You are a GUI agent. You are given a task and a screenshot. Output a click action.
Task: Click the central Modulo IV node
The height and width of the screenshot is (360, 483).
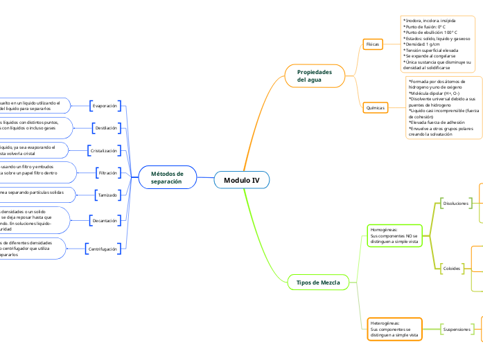coord(241,180)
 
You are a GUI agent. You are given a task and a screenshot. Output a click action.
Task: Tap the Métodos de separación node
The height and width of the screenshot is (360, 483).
coord(167,177)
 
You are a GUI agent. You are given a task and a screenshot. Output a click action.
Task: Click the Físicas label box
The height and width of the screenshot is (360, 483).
coord(373,44)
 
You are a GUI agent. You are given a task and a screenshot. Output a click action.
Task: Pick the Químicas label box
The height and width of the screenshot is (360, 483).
coord(374,108)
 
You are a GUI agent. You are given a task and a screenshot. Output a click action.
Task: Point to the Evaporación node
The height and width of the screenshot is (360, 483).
coord(105,106)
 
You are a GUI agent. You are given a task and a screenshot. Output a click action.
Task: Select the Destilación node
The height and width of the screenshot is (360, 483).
coord(106,128)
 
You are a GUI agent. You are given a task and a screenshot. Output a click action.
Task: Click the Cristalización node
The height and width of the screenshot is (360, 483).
coord(104,150)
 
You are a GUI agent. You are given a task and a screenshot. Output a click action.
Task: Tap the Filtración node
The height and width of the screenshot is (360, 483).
coord(108,172)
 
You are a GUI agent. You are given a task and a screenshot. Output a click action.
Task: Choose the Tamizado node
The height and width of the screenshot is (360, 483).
coord(107,195)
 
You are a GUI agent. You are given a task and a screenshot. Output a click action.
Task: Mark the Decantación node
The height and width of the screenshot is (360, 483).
coord(105,220)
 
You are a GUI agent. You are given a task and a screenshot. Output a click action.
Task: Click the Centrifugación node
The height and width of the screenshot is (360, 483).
coord(103,248)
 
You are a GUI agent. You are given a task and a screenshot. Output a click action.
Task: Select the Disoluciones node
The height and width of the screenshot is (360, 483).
coord(456,204)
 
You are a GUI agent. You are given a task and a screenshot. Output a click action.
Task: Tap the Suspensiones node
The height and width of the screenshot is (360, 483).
coord(457,329)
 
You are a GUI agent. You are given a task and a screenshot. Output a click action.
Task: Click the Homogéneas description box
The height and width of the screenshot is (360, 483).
coord(394,235)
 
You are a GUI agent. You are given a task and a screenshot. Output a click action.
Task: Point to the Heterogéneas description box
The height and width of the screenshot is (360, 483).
coord(394,329)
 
